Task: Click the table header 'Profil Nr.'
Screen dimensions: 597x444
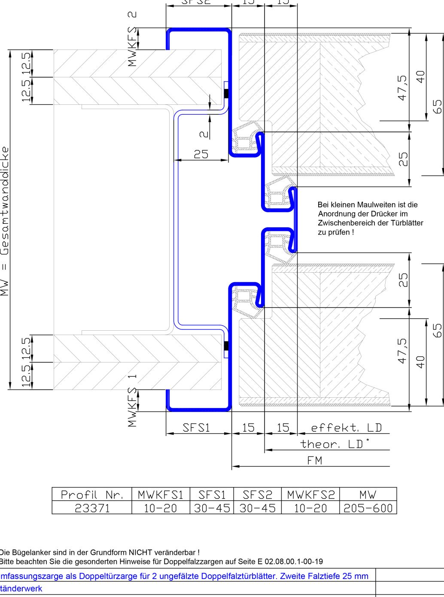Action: point(92,494)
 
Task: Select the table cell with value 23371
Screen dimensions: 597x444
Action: point(92,508)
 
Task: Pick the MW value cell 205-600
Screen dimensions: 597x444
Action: point(368,508)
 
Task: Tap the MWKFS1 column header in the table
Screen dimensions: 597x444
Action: point(161,494)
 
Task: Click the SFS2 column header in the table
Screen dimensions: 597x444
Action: point(257,494)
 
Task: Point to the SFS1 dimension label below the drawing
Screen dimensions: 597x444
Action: point(196,428)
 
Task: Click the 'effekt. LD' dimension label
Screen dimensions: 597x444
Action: point(346,428)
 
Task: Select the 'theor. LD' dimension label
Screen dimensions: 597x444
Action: point(334,444)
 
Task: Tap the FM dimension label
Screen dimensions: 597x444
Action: point(315,460)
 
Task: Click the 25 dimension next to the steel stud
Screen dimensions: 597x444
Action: point(201,154)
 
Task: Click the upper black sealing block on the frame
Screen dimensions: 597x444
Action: point(226,93)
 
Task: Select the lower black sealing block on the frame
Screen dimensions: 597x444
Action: point(226,346)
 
